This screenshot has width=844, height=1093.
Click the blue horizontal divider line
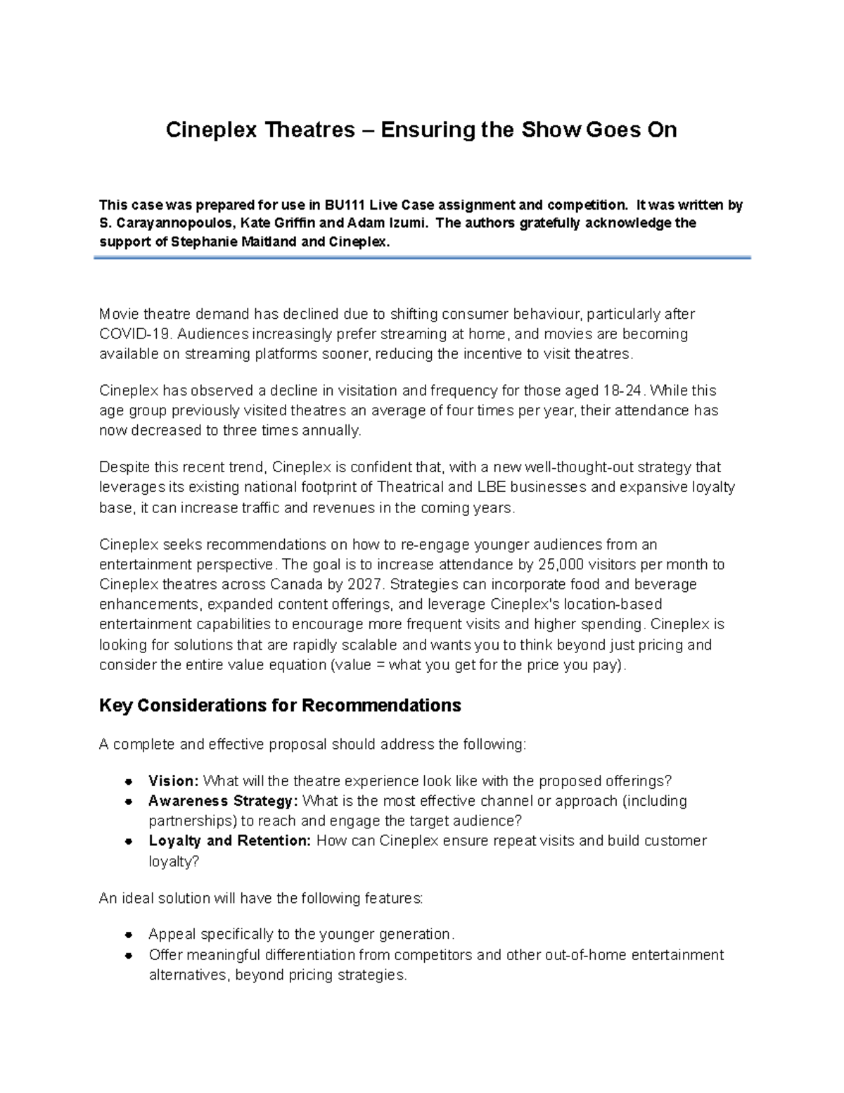422,258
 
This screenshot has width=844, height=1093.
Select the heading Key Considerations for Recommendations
280,706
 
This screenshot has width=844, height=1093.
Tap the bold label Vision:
174,781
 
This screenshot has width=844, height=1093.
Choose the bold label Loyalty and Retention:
229,841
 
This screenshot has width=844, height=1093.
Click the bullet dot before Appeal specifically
129,935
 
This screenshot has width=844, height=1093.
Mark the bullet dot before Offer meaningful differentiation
129,955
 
